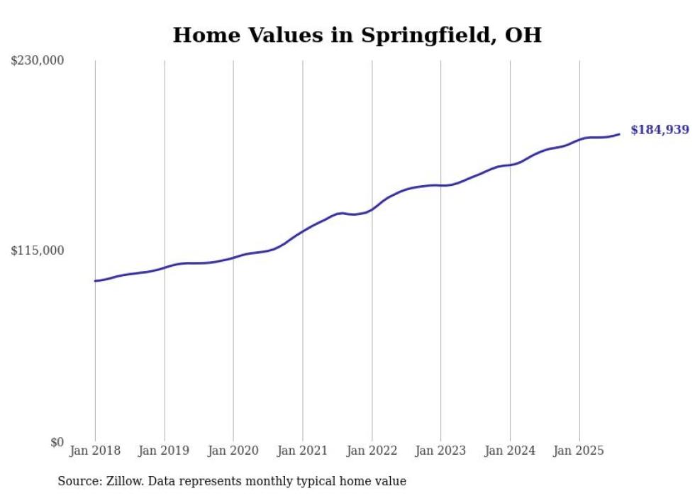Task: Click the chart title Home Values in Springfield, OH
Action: click(x=357, y=35)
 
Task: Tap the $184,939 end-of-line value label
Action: click(x=660, y=130)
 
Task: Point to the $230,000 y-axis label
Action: click(x=38, y=61)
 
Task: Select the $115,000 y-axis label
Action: click(x=38, y=250)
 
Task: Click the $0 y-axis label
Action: click(x=57, y=442)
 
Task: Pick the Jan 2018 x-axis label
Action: click(x=95, y=451)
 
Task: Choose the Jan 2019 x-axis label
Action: click(x=165, y=451)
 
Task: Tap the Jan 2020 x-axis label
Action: click(x=233, y=451)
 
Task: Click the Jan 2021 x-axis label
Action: click(x=303, y=451)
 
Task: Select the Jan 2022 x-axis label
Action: click(x=372, y=451)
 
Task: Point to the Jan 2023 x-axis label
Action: click(x=440, y=451)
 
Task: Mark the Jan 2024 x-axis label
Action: click(x=510, y=451)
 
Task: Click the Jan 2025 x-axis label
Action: click(x=579, y=451)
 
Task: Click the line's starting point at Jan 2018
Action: click(x=95, y=281)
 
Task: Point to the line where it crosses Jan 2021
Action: click(x=303, y=231)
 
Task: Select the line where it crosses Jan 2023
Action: click(x=440, y=185)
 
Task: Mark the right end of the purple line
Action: click(x=620, y=134)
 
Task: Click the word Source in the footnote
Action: click(x=77, y=481)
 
